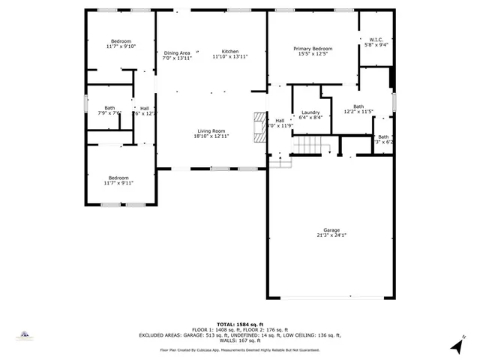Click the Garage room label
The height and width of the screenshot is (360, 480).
pos(331,230)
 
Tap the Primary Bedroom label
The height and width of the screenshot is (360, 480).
pos(313,49)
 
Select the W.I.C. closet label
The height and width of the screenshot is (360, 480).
pos(375,40)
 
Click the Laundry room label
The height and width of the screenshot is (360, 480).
pos(310,112)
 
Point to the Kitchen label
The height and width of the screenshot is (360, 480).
pos(229,51)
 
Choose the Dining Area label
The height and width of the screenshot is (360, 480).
pos(177,52)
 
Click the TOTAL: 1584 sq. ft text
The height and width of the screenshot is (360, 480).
pos(240,324)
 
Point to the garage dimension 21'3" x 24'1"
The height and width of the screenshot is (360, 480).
pos(331,235)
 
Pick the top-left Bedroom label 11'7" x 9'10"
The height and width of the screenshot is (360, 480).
pos(121,41)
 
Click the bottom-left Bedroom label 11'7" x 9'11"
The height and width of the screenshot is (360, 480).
pos(118,178)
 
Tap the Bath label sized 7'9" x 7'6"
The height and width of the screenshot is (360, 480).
pos(109,108)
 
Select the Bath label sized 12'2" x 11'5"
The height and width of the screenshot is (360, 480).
pos(358,106)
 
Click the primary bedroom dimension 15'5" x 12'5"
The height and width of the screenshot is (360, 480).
pos(313,54)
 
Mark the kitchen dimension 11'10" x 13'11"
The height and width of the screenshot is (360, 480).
pos(229,57)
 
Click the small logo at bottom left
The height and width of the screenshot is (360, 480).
pos(25,334)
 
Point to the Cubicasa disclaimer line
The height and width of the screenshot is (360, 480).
pos(240,349)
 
